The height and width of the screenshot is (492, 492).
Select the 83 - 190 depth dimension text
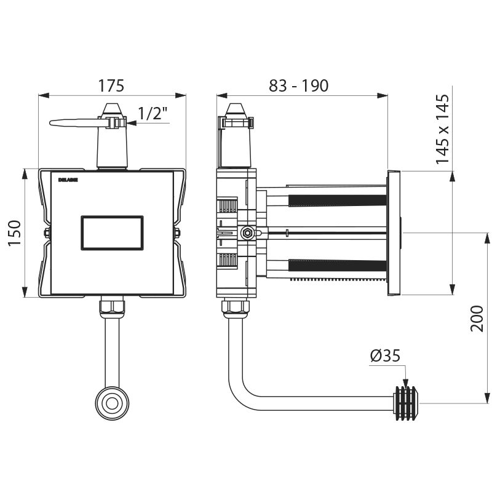[298, 85]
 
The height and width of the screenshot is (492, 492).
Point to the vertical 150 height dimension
[15, 233]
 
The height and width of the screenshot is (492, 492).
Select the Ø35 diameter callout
[385, 355]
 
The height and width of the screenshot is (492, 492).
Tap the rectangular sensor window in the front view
[113, 233]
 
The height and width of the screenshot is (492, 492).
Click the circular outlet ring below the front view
[112, 403]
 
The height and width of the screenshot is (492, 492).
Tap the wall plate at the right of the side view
[394, 233]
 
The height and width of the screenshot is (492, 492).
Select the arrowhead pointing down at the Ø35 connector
[405, 381]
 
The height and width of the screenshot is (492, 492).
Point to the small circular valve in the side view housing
[248, 233]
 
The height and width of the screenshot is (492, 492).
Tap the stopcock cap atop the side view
[237, 111]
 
